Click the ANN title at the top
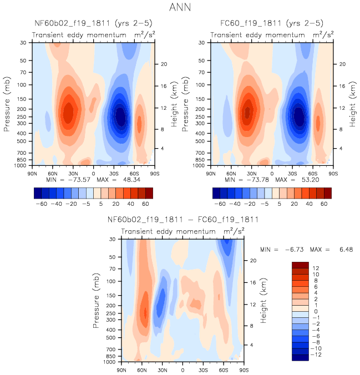(180, 8)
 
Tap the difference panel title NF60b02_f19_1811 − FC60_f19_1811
(182, 220)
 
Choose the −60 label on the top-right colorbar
(220, 204)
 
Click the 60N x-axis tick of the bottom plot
(142, 369)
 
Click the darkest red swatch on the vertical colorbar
(300, 265)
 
